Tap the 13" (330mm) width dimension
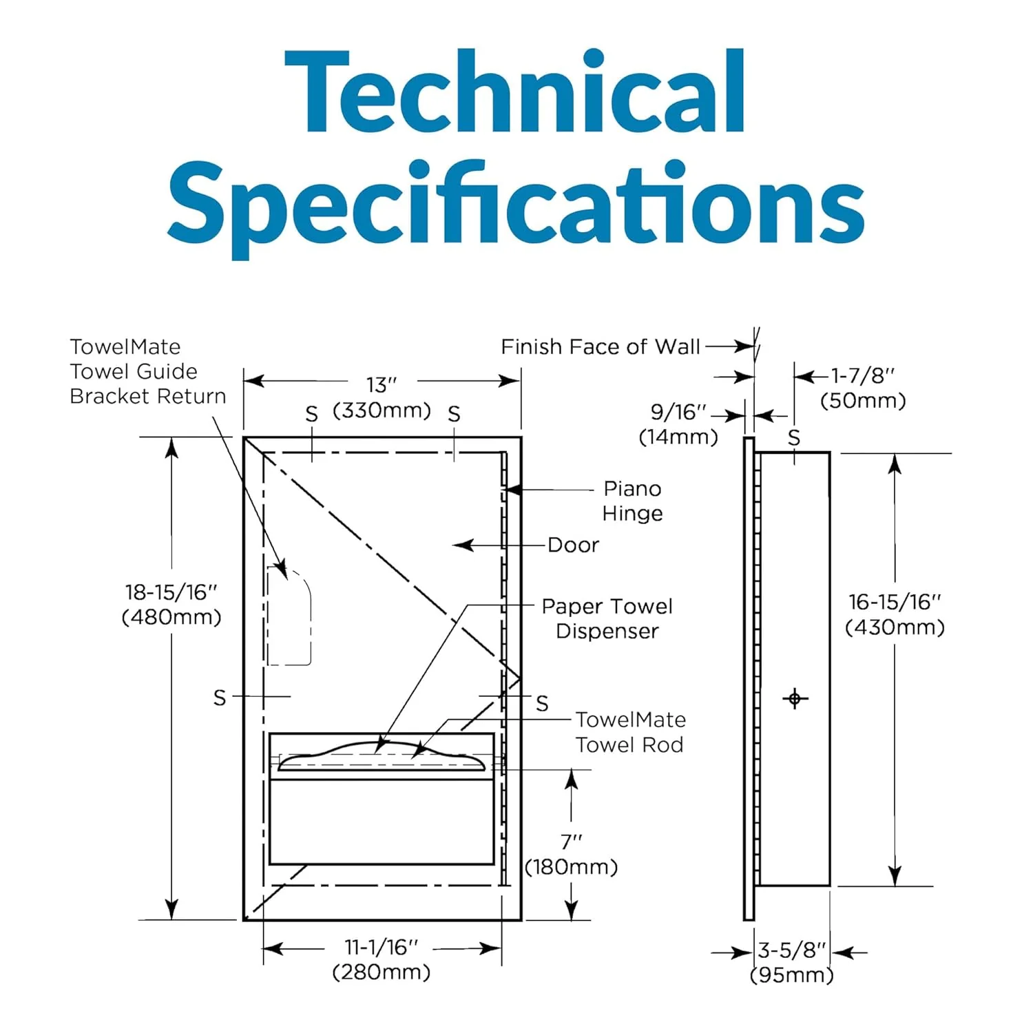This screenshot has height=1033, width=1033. point(382,397)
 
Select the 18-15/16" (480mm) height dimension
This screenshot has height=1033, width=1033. point(171,604)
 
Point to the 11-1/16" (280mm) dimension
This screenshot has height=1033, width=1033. point(382,959)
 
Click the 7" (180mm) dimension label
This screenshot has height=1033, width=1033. point(571,854)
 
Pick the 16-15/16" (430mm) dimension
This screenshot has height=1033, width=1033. point(895,614)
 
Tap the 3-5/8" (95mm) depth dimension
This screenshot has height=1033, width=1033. point(792,962)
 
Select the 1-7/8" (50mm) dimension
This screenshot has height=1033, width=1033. point(863,388)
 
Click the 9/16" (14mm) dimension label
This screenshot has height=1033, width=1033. point(679,424)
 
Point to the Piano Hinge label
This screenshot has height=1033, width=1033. point(632,501)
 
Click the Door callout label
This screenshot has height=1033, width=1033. point(573,545)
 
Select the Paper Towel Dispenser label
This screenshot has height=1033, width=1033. point(607,618)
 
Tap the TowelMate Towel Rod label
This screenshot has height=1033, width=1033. point(630,732)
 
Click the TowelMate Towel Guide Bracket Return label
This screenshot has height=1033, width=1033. point(147,371)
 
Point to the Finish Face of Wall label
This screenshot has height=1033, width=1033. point(600,346)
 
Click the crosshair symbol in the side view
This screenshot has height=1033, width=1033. point(795,698)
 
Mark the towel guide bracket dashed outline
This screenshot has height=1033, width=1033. point(290,616)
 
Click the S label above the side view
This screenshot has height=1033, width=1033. point(794,437)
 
